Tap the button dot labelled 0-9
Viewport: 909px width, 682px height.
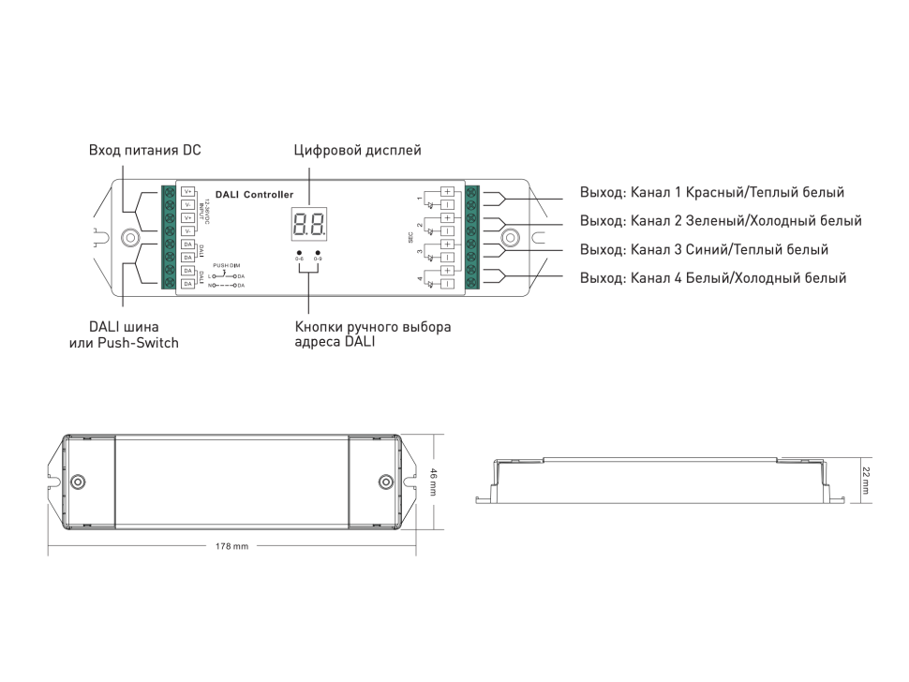[x=318, y=253]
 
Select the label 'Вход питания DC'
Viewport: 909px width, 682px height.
[x=144, y=150]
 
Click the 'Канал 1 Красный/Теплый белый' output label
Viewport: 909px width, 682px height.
[x=712, y=193]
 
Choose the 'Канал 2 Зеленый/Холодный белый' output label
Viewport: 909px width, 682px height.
[x=721, y=221]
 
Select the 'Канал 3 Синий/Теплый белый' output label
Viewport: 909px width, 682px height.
[x=704, y=249]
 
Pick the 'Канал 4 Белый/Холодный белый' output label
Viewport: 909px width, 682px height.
[x=713, y=278]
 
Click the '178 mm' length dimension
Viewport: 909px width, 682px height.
[x=232, y=545]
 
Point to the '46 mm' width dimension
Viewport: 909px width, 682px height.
[x=433, y=482]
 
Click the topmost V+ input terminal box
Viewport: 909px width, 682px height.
[x=187, y=192]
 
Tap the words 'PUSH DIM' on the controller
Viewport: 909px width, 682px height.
[x=227, y=266]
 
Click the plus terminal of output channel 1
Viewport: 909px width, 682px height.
[x=447, y=192]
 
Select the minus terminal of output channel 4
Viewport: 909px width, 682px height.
[x=447, y=283]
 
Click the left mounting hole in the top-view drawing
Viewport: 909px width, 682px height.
[x=80, y=482]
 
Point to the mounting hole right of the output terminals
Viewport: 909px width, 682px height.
[x=511, y=237]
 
